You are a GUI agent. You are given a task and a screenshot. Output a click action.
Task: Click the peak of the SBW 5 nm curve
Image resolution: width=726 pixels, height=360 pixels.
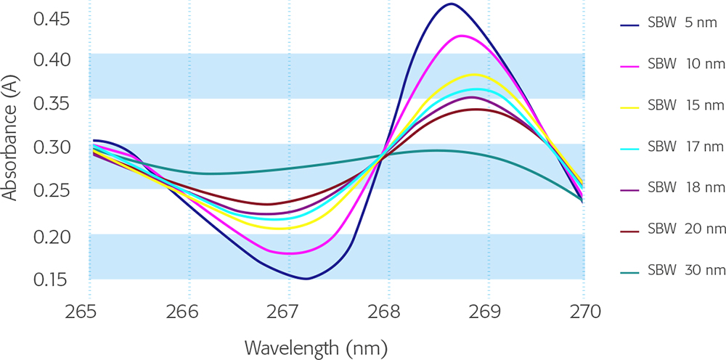click(451, 4)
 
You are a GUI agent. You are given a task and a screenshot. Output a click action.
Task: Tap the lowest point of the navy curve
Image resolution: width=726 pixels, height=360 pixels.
click(306, 278)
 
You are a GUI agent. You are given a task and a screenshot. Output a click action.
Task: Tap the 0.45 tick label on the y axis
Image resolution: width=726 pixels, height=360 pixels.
click(51, 18)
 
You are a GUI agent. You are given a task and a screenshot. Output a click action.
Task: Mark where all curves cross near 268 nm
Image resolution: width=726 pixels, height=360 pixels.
click(383, 155)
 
